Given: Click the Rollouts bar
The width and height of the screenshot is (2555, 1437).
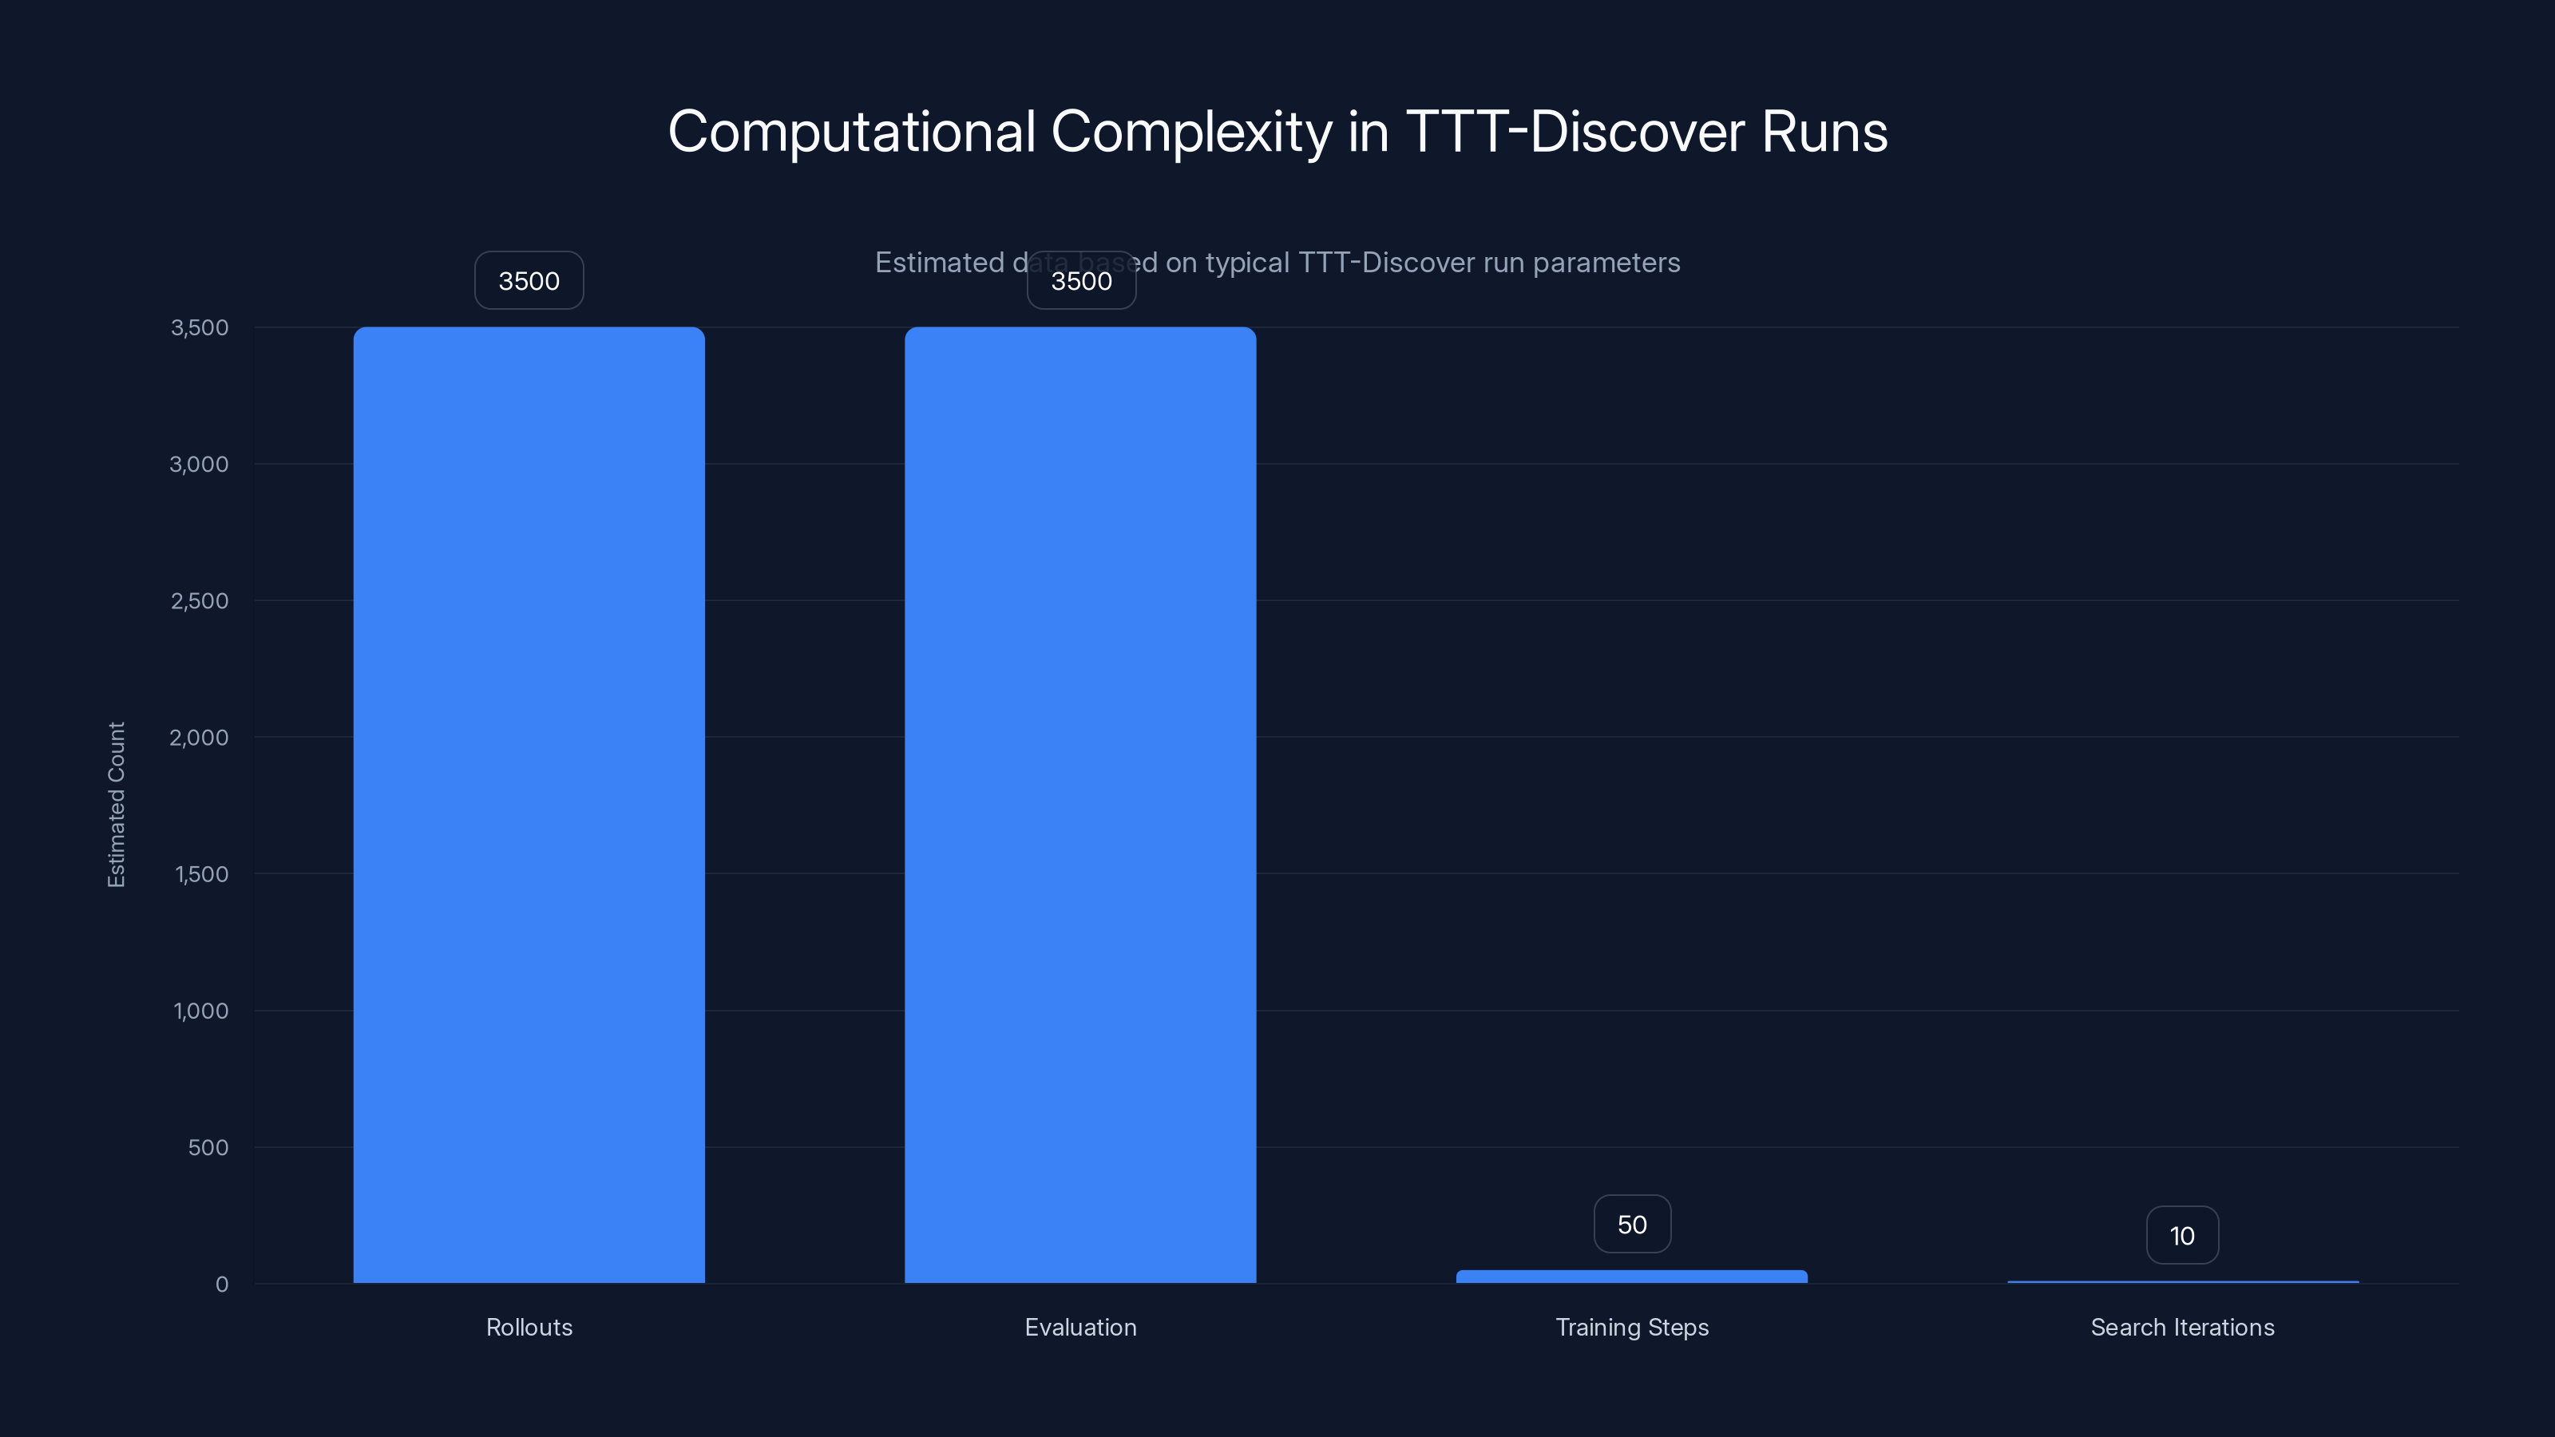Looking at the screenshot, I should [529, 803].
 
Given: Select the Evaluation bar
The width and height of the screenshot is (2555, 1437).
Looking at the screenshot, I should [1080, 803].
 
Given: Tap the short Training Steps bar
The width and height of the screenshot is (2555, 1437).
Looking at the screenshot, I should [1631, 1277].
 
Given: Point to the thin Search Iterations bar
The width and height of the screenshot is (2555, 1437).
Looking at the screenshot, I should [2182, 1281].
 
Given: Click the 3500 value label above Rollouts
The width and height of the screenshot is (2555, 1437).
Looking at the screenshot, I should [529, 281].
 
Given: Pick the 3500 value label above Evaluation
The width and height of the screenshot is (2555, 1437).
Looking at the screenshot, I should [1081, 281].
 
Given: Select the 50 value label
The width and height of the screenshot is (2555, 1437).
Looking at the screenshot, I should [1631, 1225].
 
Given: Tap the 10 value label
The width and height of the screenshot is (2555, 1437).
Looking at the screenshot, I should [2182, 1236].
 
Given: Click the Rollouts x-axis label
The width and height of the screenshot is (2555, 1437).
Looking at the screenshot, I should [529, 1327].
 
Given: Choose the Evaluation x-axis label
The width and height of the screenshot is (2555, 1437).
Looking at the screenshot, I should [1080, 1327].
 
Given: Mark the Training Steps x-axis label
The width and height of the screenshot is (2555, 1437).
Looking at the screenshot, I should [1631, 1327].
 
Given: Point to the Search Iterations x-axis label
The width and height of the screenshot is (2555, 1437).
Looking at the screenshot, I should [2182, 1327].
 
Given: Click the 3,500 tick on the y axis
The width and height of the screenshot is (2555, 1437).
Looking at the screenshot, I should [200, 327].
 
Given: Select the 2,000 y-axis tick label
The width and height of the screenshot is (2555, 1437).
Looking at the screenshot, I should [200, 737].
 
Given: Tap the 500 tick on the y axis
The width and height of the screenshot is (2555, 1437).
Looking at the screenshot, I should [208, 1147].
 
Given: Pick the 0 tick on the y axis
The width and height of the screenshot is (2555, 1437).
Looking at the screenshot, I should [222, 1285].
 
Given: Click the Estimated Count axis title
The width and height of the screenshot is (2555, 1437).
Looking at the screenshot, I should [116, 804].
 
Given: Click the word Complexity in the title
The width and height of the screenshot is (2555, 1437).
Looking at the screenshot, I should [1190, 132].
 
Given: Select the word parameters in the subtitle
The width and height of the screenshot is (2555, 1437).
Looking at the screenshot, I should [1606, 263].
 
